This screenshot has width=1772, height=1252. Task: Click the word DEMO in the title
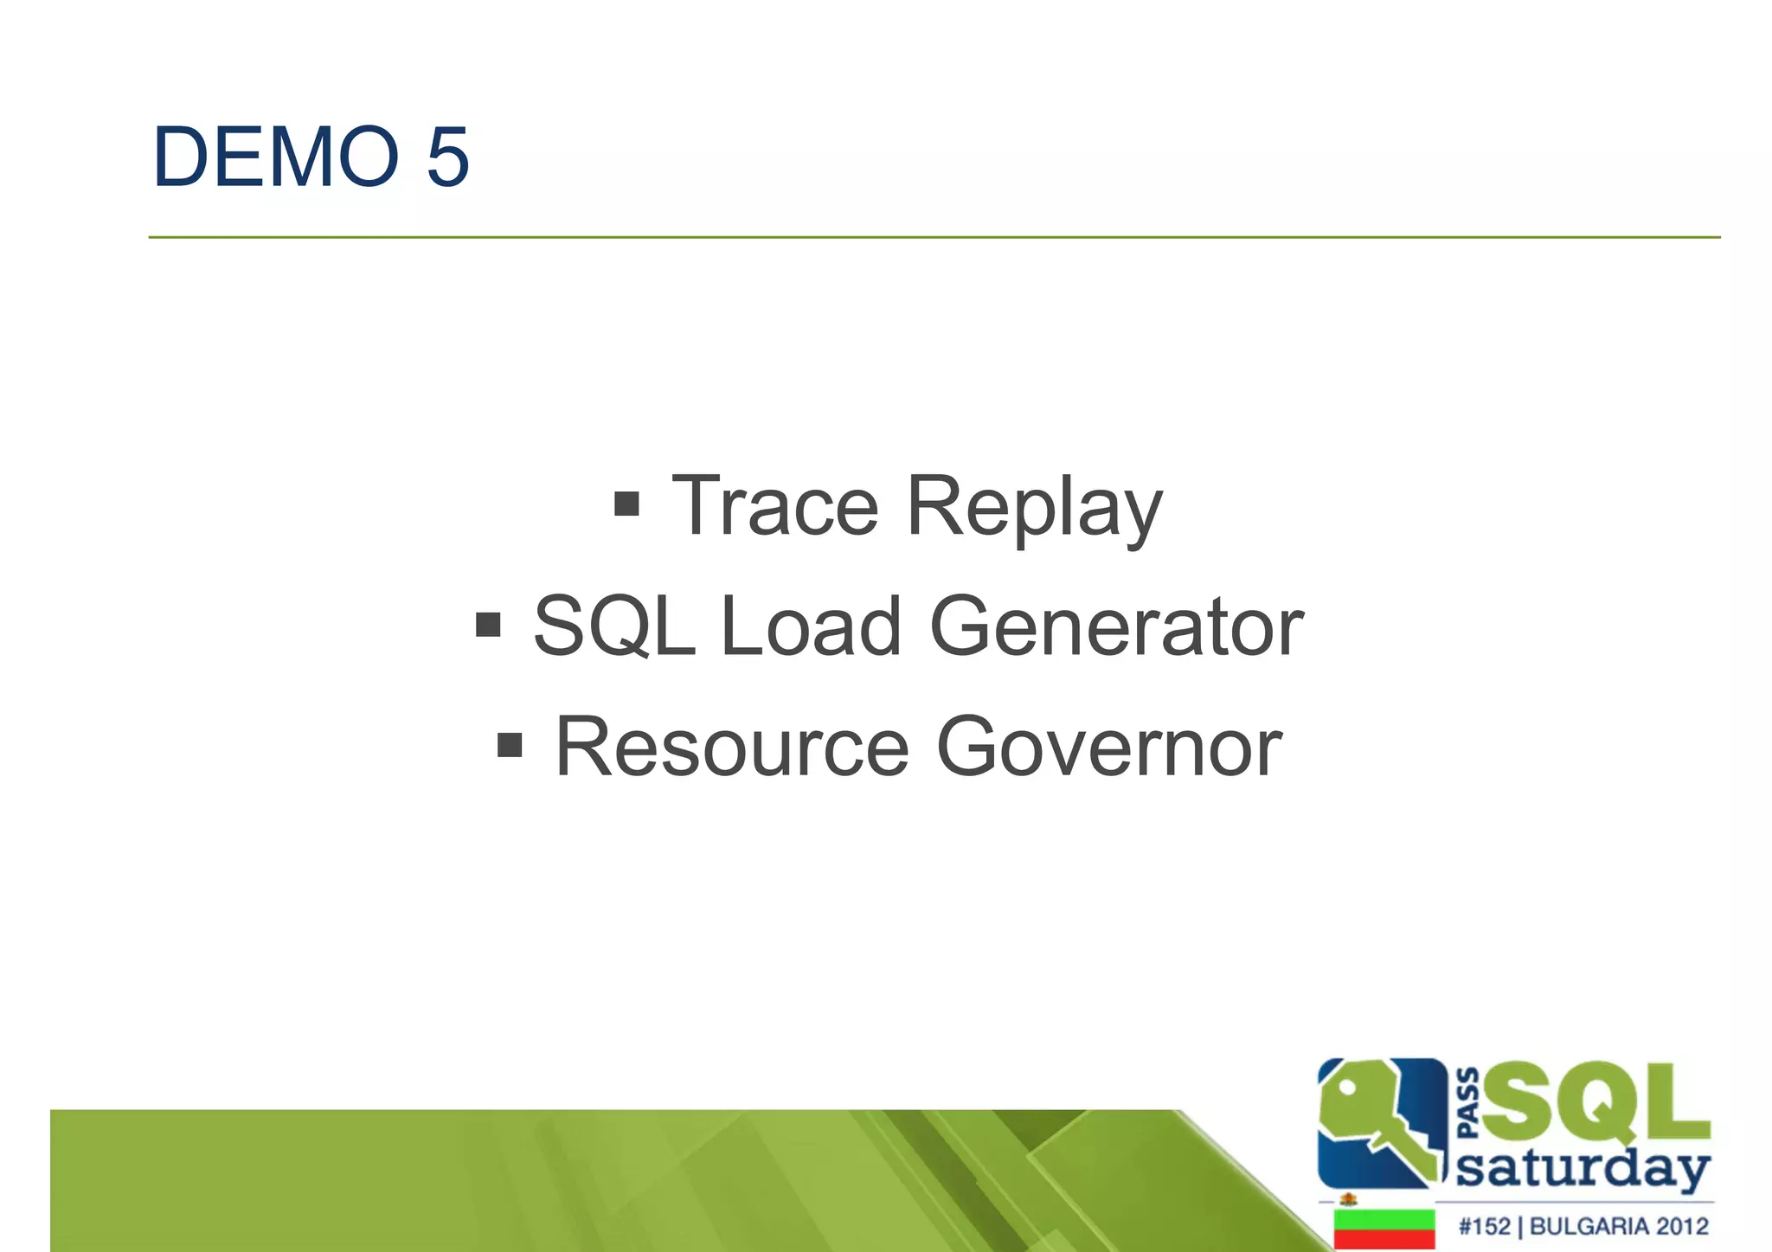pyautogui.click(x=275, y=157)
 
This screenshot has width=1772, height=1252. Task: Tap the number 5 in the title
pyautogui.click(x=447, y=157)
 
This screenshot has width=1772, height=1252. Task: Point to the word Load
pyautogui.click(x=810, y=626)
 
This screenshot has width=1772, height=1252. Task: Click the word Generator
pyautogui.click(x=1115, y=626)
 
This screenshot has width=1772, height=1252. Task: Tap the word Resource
pyautogui.click(x=731, y=747)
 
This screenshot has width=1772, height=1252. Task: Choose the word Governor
pyautogui.click(x=1108, y=747)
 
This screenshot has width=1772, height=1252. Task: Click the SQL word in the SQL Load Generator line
pyautogui.click(x=615, y=628)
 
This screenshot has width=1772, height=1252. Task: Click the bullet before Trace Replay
pyautogui.click(x=626, y=504)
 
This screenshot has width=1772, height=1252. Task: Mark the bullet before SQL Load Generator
pyautogui.click(x=488, y=624)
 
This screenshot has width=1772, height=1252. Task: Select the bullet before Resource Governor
pyautogui.click(x=510, y=744)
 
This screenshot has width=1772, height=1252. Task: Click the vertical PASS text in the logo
pyautogui.click(x=1468, y=1103)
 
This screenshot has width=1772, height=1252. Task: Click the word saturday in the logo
pyautogui.click(x=1583, y=1170)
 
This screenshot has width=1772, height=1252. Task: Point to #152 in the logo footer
pyautogui.click(x=1483, y=1227)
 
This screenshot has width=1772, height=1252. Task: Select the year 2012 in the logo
pyautogui.click(x=1682, y=1227)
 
